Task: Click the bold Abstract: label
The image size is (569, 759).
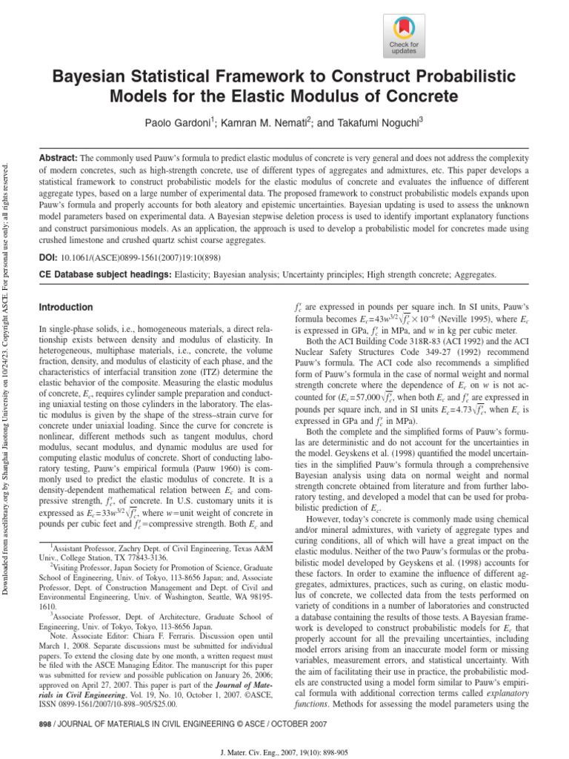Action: tap(58, 159)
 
